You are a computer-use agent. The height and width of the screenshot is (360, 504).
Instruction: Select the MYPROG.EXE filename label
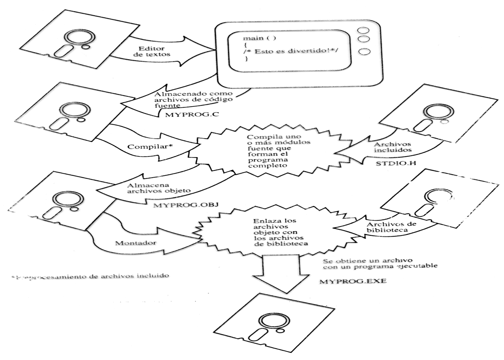click(x=353, y=281)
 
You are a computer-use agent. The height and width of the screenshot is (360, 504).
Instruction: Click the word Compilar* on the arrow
click(x=150, y=146)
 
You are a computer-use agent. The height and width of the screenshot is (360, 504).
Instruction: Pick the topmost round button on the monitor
click(x=364, y=30)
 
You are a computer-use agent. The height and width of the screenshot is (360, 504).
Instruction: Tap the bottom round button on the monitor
click(x=364, y=52)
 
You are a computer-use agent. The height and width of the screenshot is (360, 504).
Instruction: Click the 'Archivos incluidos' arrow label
click(x=392, y=147)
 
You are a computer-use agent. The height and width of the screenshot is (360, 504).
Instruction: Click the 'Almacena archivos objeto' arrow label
click(x=159, y=188)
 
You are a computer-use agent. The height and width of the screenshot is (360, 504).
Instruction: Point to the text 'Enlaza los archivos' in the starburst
click(x=274, y=224)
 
